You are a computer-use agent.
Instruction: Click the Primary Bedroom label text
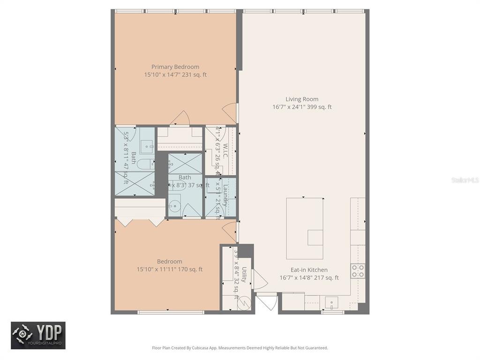point(175,67)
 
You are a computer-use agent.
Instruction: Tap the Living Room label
point(302,99)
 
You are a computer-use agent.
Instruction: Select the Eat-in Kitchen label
point(309,270)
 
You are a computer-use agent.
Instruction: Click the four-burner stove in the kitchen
point(358,270)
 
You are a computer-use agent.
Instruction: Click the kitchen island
point(305,228)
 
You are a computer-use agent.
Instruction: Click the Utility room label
point(244,276)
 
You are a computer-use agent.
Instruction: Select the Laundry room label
point(225,195)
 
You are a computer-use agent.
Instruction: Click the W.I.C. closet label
point(225,151)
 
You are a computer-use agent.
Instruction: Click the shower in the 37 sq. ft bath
point(185,163)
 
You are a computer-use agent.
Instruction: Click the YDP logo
point(38,335)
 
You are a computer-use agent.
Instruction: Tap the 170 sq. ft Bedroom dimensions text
point(170,270)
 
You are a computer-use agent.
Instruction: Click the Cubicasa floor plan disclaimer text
point(240,348)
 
